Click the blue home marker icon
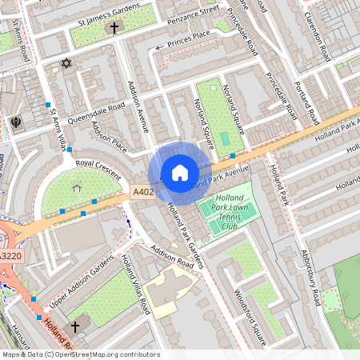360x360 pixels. pyautogui.click(x=180, y=173)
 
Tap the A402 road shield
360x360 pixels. pyautogui.click(x=142, y=192)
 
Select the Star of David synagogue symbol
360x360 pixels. pyautogui.click(x=66, y=63)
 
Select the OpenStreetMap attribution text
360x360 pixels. pyautogui.click(x=80, y=354)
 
